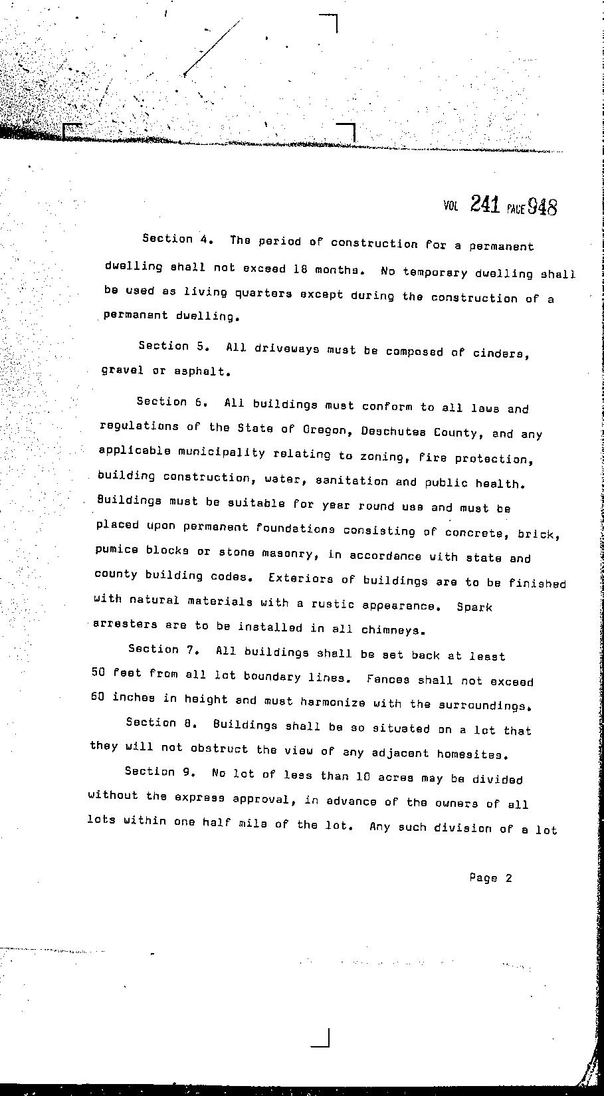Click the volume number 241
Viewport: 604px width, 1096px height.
click(x=484, y=204)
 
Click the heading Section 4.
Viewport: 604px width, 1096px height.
click(x=177, y=239)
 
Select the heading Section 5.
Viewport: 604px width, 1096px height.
click(x=174, y=346)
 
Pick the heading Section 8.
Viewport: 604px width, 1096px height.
click(x=161, y=722)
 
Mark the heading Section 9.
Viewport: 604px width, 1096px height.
click(x=159, y=772)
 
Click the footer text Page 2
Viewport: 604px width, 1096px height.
click(x=490, y=878)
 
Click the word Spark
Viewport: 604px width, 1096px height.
click(x=474, y=607)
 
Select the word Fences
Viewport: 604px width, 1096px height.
click(x=388, y=679)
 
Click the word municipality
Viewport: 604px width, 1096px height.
click(x=215, y=453)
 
